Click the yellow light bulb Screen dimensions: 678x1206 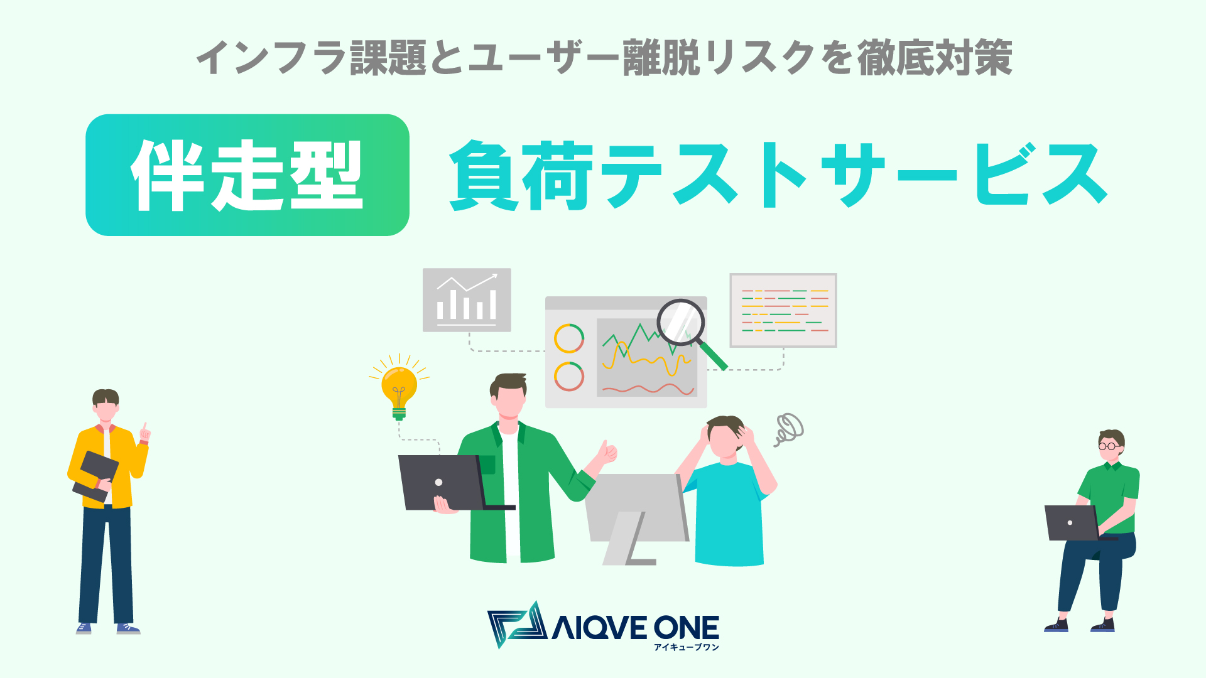399,388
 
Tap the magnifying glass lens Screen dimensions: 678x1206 680,322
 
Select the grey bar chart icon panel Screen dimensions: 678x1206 467,300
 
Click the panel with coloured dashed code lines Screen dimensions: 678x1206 783,310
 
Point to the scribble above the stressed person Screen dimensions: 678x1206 790,429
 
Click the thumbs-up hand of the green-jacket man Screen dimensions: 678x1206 607,453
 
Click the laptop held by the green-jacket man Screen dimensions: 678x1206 442,482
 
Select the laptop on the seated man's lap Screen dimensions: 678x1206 1071,522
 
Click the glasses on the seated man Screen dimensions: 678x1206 1108,446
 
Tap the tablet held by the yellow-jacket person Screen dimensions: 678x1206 96,476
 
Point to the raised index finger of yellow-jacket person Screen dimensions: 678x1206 145,429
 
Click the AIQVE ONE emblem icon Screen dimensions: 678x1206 516,625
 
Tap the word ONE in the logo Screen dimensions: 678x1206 686,628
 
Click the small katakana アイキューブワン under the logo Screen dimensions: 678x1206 686,647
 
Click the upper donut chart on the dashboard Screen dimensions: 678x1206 568,338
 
